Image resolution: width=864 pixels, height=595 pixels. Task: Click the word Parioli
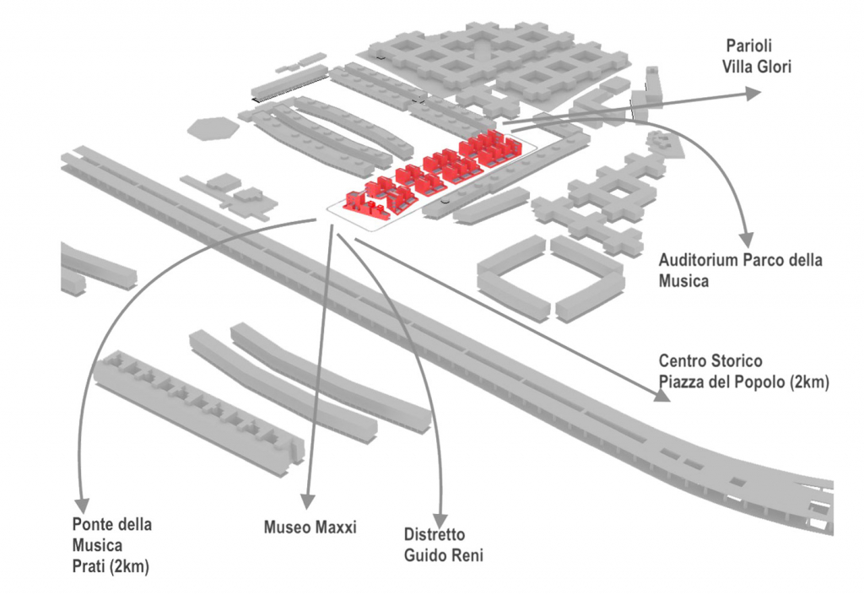(748, 46)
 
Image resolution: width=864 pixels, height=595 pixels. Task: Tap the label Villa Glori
(757, 67)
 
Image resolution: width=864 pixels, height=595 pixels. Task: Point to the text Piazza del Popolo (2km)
(744, 382)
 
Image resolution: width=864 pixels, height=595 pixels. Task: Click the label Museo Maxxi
(310, 527)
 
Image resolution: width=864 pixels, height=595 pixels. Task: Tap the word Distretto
(434, 535)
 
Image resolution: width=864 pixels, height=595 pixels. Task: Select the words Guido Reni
(443, 555)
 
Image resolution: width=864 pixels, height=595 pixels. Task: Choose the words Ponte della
(112, 525)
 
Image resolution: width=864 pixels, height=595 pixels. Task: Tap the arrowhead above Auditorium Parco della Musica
(745, 239)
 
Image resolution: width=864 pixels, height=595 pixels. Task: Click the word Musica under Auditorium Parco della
(683, 281)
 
